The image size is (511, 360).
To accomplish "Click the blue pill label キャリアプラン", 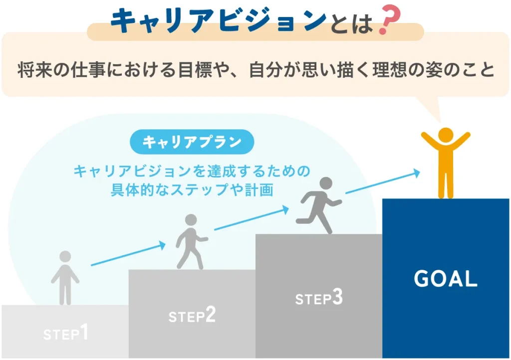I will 192,143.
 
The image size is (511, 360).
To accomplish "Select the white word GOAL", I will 445,279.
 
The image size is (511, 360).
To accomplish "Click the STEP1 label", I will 65,333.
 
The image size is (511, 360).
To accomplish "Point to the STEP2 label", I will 192,316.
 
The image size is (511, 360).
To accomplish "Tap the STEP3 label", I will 319,298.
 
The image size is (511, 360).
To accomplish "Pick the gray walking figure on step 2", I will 191,241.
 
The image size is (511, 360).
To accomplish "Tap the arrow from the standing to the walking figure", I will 128,254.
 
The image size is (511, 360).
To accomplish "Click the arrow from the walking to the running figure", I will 252,219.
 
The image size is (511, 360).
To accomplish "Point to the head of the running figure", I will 325,183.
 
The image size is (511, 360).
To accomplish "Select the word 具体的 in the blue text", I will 132,190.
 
